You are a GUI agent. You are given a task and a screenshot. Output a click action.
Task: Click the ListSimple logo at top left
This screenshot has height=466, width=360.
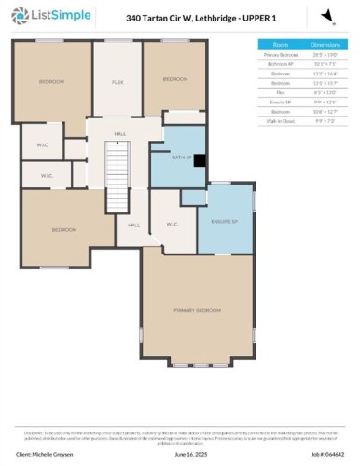(45, 16)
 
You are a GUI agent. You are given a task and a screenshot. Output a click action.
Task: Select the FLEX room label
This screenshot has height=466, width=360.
(118, 82)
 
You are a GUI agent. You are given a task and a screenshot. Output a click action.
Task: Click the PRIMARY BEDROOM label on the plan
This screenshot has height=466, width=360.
(197, 309)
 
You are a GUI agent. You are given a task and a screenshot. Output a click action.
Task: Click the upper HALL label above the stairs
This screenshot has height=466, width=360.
(120, 135)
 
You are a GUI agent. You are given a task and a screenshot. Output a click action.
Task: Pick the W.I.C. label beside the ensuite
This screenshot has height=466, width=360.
(173, 224)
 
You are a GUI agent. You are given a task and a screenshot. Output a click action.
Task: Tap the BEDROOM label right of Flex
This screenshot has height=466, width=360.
(174, 80)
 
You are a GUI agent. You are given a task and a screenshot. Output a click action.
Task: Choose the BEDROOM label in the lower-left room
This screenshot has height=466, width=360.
(63, 229)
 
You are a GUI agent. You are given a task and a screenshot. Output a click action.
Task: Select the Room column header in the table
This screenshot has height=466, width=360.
(280, 44)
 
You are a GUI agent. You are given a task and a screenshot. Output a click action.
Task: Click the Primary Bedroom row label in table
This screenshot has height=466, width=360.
(280, 55)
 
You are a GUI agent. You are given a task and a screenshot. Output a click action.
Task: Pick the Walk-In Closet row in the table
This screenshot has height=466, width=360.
(280, 120)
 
